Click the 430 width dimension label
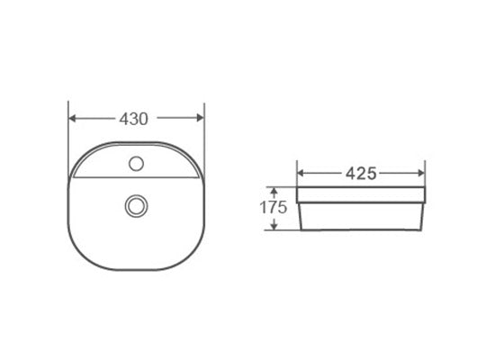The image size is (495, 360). click(x=134, y=118)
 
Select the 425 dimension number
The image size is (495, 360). click(x=360, y=172)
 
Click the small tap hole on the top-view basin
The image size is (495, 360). click(x=137, y=164)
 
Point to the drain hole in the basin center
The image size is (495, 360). click(x=137, y=205)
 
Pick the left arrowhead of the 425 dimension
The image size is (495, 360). click(x=302, y=172)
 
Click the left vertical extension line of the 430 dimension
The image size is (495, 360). click(x=69, y=135)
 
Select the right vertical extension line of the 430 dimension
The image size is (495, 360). click(x=205, y=135)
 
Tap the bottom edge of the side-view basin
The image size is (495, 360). click(x=360, y=229)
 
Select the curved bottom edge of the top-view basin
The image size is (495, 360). click(x=137, y=269)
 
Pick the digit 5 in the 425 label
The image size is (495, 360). click(x=370, y=172)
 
